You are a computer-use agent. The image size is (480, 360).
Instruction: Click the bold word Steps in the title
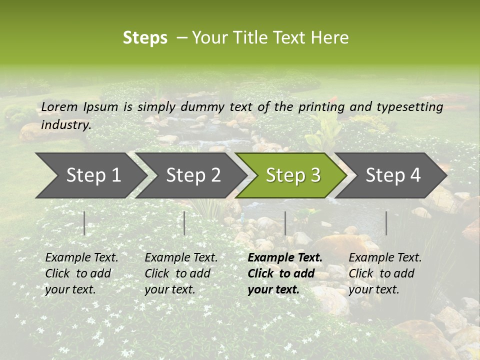[x=145, y=38]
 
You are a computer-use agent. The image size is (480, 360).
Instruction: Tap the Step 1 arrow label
[x=93, y=175]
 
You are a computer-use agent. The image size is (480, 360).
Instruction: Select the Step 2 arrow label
[x=193, y=175]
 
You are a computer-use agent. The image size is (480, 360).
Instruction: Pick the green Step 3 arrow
[x=293, y=175]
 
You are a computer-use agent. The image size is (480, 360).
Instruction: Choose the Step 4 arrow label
[x=393, y=175]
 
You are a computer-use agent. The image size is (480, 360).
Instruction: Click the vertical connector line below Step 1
[x=84, y=223]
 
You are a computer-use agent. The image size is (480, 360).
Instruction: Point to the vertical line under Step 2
[x=184, y=223]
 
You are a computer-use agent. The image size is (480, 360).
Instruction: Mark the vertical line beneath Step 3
[x=285, y=223]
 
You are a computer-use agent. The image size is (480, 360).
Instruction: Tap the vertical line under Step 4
[x=386, y=223]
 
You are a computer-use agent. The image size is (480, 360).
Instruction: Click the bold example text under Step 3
[x=285, y=273]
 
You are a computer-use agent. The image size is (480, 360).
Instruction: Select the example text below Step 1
[x=81, y=273]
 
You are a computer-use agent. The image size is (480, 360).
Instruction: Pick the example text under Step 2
[x=181, y=273]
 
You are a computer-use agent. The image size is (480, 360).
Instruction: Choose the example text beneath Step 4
[x=385, y=273]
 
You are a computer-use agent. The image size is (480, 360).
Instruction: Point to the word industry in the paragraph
[x=65, y=125]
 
